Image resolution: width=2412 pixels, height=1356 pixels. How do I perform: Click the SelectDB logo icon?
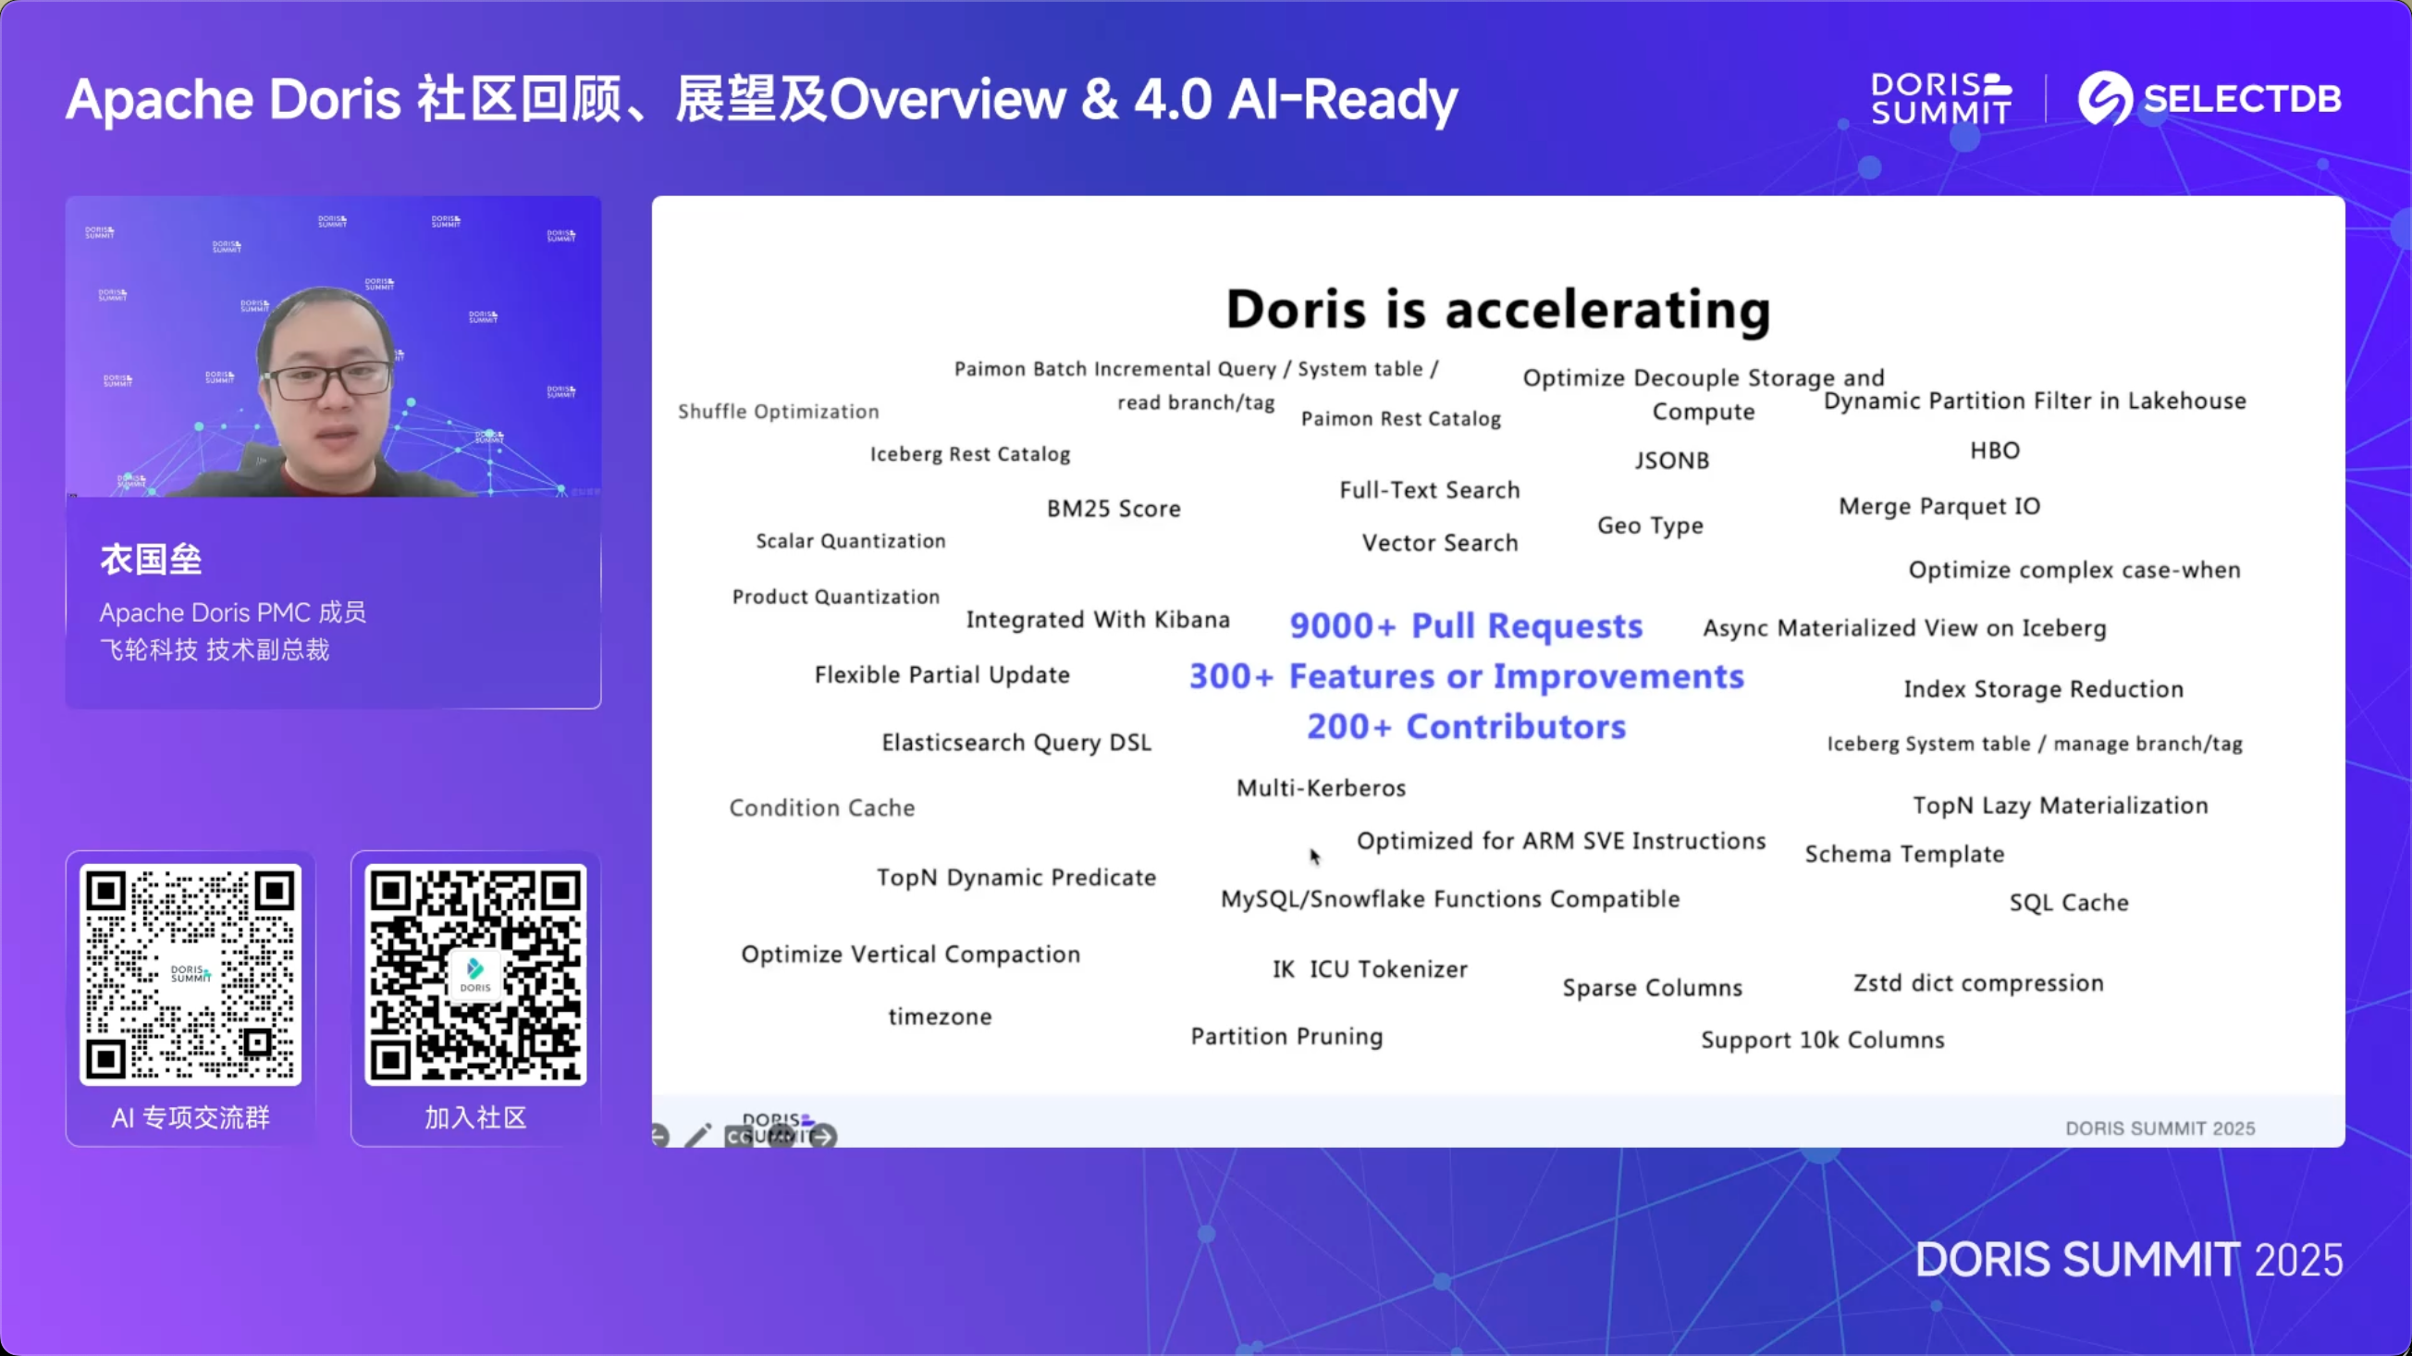click(x=2106, y=98)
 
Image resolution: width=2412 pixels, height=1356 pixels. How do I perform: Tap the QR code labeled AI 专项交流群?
click(x=191, y=974)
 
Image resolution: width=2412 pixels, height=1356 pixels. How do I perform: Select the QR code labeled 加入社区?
click(x=475, y=974)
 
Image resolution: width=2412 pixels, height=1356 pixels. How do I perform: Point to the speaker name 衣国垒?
click(x=151, y=560)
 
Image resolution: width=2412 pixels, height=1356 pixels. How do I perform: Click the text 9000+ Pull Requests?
click(x=1465, y=625)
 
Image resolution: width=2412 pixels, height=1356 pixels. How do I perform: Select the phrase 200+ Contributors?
click(x=1466, y=727)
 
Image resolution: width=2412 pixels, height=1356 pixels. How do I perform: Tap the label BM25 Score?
click(x=1114, y=509)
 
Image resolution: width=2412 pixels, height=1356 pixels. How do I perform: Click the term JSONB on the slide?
click(x=1671, y=461)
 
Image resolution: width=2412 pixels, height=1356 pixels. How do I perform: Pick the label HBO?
click(x=1994, y=450)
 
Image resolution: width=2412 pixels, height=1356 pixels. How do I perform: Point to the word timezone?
click(x=939, y=1017)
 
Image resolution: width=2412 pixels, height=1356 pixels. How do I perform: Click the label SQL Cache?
click(x=2068, y=903)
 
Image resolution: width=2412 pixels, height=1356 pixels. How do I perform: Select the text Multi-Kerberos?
click(x=1322, y=788)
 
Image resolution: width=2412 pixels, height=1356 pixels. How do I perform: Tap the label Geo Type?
click(x=1650, y=525)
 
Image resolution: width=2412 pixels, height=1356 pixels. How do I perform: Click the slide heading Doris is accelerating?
click(x=1498, y=309)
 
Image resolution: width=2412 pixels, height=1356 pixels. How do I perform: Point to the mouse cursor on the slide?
click(x=1314, y=856)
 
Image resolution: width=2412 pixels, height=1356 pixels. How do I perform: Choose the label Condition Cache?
click(x=822, y=808)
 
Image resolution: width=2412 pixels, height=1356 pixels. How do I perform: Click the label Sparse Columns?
click(x=1652, y=988)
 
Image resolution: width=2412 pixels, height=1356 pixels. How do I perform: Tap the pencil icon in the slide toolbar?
click(x=697, y=1136)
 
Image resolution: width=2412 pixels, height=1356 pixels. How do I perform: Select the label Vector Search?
click(x=1439, y=543)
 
